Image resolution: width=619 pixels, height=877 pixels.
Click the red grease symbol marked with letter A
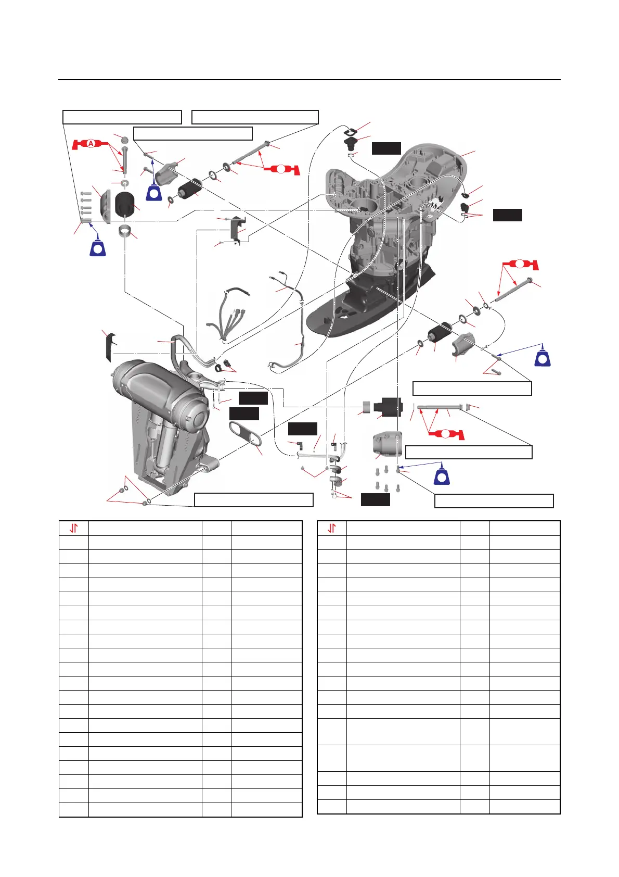[91, 143]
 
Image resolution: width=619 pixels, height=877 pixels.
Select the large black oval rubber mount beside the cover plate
[125, 204]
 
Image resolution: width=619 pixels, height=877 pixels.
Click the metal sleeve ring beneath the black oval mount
[125, 230]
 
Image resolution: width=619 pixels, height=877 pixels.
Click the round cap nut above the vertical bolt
[124, 141]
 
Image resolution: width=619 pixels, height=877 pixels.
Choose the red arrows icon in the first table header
[74, 528]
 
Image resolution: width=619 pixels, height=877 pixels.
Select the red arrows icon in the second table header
[332, 528]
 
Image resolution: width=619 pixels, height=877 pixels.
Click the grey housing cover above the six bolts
[388, 445]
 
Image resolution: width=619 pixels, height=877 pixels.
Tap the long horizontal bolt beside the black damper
[440, 407]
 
